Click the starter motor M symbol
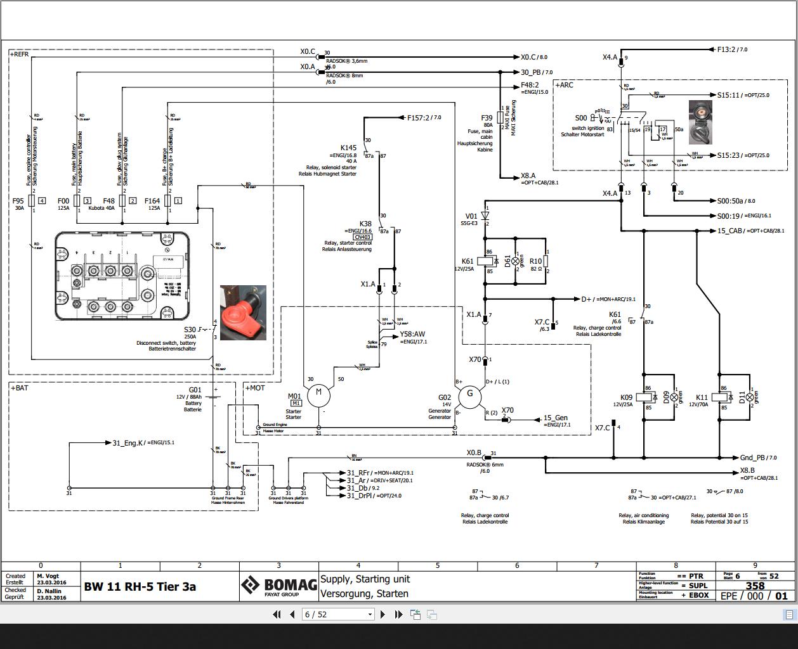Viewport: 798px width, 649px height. coord(318,394)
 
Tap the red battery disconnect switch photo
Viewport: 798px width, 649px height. coord(243,312)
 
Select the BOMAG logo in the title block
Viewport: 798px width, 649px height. coord(278,586)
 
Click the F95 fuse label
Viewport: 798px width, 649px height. coord(18,200)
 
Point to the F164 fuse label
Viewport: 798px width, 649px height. coord(152,200)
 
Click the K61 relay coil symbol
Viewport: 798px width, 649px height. coord(486,261)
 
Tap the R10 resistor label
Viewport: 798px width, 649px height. coord(535,261)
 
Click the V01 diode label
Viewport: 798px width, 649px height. coord(471,215)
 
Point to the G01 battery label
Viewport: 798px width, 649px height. coord(195,390)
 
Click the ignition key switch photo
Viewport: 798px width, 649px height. coord(700,122)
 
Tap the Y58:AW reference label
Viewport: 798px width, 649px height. coord(412,334)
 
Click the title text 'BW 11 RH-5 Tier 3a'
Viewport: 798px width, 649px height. coord(140,586)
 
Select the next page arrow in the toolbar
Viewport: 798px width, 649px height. coord(383,614)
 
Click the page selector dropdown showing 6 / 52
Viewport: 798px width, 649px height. coord(338,614)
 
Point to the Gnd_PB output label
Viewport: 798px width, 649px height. coord(754,457)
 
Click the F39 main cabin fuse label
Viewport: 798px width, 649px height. coord(487,118)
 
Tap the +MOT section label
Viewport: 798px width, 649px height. coord(254,387)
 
